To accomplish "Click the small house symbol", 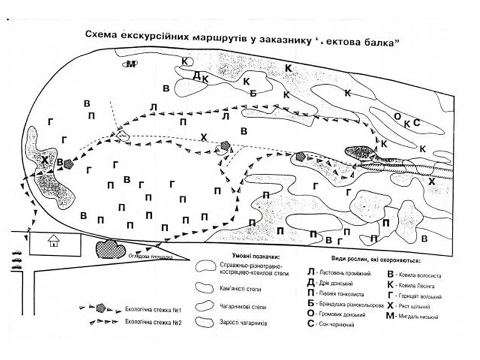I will (54, 241).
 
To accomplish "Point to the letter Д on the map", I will (196, 74).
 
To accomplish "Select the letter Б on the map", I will (253, 93).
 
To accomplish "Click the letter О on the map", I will (397, 116).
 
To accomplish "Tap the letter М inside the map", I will (129, 65).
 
